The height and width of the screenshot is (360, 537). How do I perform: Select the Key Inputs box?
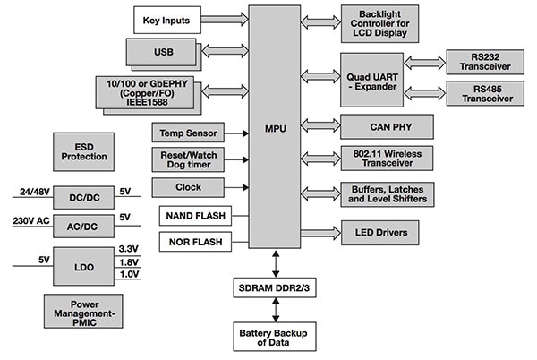(166, 19)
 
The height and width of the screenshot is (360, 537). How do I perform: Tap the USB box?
(163, 52)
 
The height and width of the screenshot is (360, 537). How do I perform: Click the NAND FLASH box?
(193, 215)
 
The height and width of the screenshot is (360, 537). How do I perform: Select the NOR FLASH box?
(193, 241)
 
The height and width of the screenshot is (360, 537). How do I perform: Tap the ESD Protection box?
(87, 150)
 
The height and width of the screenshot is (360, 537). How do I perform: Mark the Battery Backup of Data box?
(274, 336)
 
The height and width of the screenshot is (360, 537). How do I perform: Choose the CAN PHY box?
(387, 125)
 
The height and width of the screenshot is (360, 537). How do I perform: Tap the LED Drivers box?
(387, 233)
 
